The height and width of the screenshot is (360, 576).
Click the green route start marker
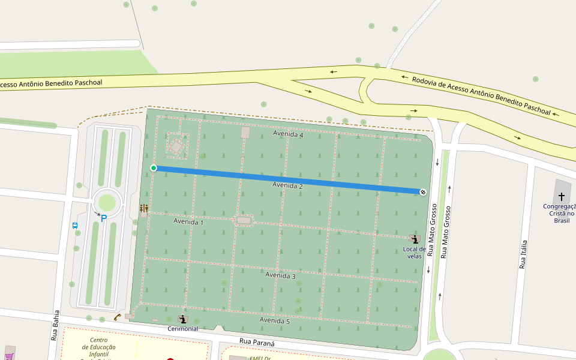pyautogui.click(x=154, y=168)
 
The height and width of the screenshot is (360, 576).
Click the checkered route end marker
pyautogui.click(x=423, y=191)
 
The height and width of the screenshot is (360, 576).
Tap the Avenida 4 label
pyautogui.click(x=288, y=134)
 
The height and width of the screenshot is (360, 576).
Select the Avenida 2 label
pyautogui.click(x=287, y=186)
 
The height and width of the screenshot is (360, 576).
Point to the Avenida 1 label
pyautogui.click(x=188, y=221)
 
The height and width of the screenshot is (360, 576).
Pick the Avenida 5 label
pyautogui.click(x=275, y=320)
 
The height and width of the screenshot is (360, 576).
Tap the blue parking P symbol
pyautogui.click(x=104, y=218)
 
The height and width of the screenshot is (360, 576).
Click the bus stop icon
pyautogui.click(x=75, y=226)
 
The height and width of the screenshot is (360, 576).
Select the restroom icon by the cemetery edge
pyautogui.click(x=144, y=208)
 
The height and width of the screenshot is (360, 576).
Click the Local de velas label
pyautogui.click(x=414, y=252)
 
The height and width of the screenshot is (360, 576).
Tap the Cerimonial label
pyautogui.click(x=182, y=328)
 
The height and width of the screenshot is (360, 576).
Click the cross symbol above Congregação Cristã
pyautogui.click(x=562, y=196)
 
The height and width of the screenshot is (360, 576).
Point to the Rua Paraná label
pyautogui.click(x=257, y=343)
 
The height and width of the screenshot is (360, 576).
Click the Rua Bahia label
pyautogui.click(x=55, y=325)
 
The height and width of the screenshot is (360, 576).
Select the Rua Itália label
pyautogui.click(x=523, y=254)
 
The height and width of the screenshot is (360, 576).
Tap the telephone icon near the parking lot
pyautogui.click(x=118, y=317)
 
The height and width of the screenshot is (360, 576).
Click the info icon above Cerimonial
pyautogui.click(x=182, y=319)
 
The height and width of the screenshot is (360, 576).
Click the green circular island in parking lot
pyautogui.click(x=106, y=202)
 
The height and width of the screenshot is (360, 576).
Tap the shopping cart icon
pyautogui.click(x=9, y=355)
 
